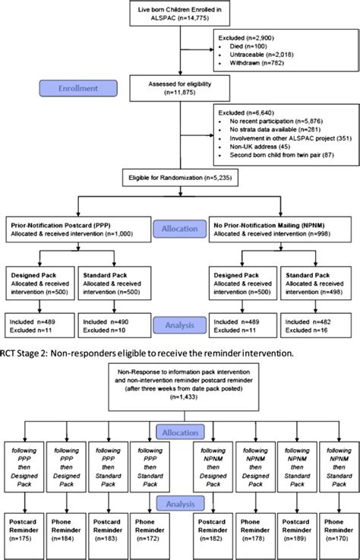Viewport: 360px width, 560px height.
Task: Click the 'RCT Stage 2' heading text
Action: click(x=23, y=353)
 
